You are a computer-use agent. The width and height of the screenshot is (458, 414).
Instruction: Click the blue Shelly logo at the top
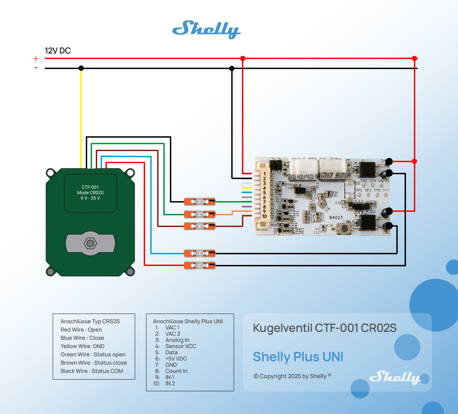click(x=206, y=29)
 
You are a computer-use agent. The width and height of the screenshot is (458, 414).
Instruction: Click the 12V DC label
click(x=58, y=51)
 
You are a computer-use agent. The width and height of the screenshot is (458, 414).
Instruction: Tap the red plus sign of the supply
click(x=36, y=59)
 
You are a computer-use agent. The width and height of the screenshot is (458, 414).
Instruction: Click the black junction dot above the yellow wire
click(x=81, y=68)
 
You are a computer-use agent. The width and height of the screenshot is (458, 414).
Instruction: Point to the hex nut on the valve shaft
click(x=90, y=244)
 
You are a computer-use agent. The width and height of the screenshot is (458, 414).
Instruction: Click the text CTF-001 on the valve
click(x=90, y=187)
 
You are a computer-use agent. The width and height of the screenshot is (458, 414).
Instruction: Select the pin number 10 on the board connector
click(x=264, y=216)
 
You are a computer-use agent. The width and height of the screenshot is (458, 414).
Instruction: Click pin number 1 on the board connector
click(x=264, y=174)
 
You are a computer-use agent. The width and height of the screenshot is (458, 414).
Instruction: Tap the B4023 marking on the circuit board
click(x=336, y=218)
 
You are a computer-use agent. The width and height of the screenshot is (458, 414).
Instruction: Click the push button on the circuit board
click(x=344, y=228)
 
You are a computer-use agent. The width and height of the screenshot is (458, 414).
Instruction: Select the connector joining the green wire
click(x=200, y=201)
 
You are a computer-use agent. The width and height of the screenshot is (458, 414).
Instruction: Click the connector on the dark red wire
click(x=200, y=226)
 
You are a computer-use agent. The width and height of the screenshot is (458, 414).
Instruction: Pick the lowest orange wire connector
click(x=200, y=266)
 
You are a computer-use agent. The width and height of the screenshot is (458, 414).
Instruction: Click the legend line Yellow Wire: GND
click(x=82, y=346)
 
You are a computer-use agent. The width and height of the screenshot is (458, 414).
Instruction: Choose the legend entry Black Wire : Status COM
click(x=92, y=371)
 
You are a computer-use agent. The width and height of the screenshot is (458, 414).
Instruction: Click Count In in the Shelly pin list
click(x=176, y=371)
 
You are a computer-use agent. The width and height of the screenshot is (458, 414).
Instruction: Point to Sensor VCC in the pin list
click(x=181, y=346)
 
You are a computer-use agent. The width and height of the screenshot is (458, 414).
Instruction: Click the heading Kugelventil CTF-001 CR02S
click(x=325, y=328)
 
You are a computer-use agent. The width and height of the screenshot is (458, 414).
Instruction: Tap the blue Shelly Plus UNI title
click(x=298, y=357)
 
